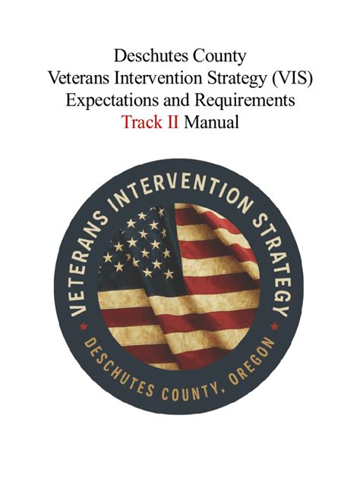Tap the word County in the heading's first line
(219, 55)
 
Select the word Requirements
(242, 99)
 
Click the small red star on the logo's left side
(81, 328)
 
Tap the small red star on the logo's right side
(275, 327)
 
